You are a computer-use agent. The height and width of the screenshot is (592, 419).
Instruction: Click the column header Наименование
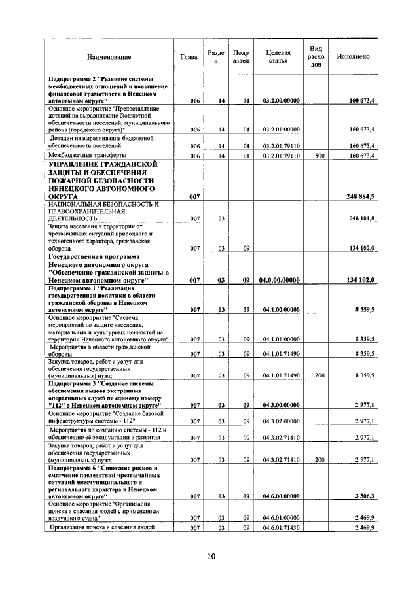pos(109,57)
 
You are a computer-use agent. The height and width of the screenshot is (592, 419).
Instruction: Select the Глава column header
pos(189,57)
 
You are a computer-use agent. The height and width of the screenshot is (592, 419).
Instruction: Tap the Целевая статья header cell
pos(278,57)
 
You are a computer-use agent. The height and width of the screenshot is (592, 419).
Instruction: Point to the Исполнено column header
pos(353,57)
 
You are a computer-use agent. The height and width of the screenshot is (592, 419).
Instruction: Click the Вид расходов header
pos(316,57)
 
